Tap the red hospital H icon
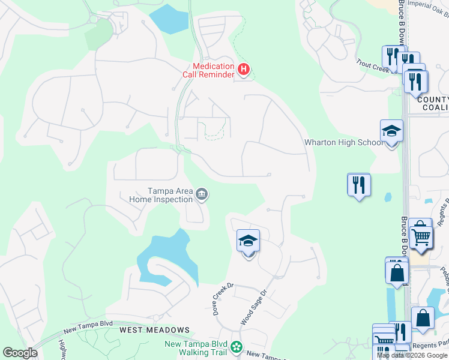pos(243,70)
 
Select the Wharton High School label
pos(343,142)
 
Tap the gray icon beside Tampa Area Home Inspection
pos(202,194)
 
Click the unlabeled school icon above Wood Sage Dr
pos(248,241)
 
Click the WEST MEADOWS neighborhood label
pos(154,330)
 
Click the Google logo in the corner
pos(20,353)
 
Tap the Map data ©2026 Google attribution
pos(412,355)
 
